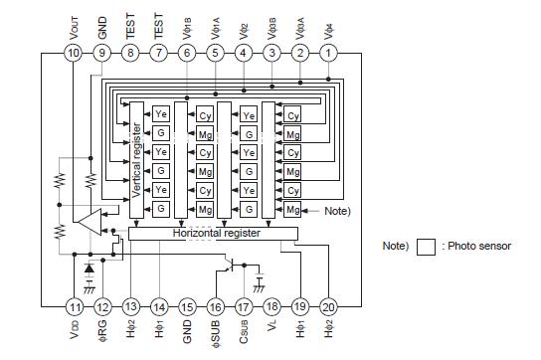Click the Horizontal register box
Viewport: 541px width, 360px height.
(213, 233)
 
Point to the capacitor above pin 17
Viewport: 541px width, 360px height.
(260, 277)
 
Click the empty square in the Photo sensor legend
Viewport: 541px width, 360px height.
(426, 246)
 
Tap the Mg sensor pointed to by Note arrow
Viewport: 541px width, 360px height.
(292, 210)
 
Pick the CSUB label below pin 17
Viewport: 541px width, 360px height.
(244, 335)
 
